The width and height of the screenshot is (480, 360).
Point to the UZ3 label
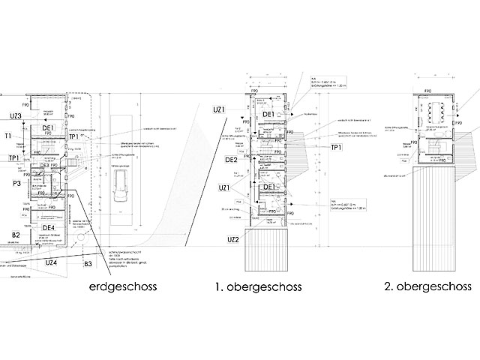[x=10, y=115]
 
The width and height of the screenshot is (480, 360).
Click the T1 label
[x=8, y=136]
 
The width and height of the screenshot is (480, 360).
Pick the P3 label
[x=15, y=181]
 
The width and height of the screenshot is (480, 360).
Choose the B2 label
[x=15, y=235]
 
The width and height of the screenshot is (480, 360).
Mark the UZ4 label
[x=52, y=262]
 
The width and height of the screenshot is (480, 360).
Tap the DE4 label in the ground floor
[x=49, y=228]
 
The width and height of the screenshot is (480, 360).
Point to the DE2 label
[x=231, y=160]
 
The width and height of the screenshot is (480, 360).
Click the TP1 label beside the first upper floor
[x=337, y=148]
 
